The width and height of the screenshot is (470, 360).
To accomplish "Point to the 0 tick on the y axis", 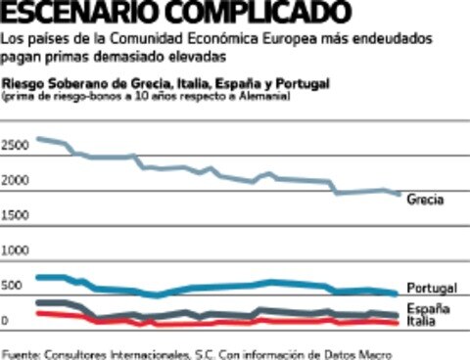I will (5, 320).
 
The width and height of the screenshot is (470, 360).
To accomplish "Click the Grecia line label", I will (424, 200).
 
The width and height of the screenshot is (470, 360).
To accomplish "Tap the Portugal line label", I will (431, 289).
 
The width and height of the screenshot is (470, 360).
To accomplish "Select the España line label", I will (428, 308).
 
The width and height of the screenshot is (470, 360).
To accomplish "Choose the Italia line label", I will (423, 320).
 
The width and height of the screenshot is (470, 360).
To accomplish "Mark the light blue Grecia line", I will (196, 168).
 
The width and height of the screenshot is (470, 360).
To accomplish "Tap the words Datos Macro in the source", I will (368, 352).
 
